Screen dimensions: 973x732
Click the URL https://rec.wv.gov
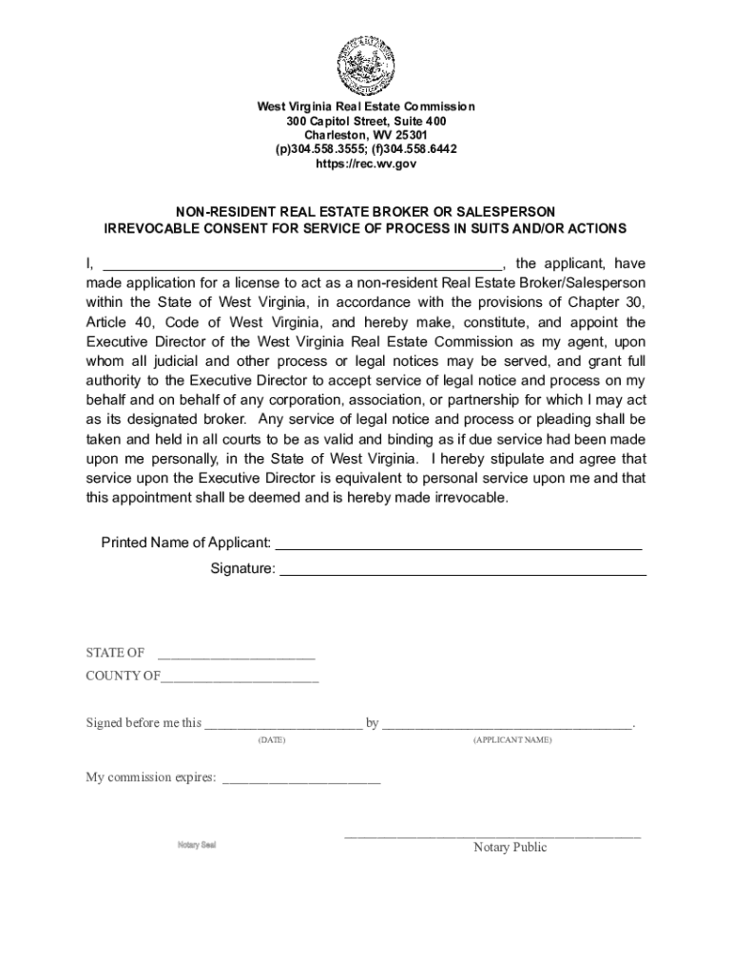coord(366,163)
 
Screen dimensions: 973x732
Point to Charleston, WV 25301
coord(366,135)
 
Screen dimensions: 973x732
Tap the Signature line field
coord(463,570)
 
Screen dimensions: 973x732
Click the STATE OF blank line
coord(236,654)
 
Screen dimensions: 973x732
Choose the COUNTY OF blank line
coord(240,677)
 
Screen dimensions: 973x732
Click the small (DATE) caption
coord(272,739)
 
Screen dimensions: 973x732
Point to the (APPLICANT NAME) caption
coord(511,739)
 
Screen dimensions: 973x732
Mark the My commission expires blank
coord(300,778)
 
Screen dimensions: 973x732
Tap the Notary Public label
coord(510,848)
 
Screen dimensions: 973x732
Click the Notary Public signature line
coord(492,836)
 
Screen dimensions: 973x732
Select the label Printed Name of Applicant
coord(186,543)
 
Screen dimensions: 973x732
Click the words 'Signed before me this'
coord(144,723)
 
